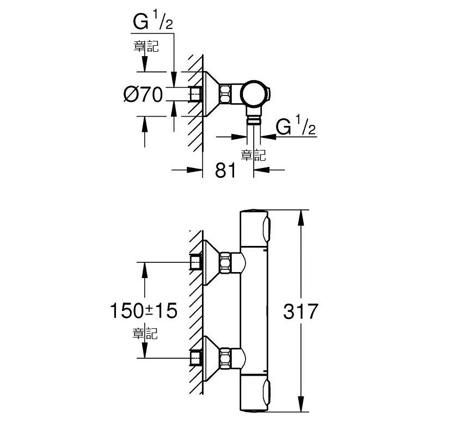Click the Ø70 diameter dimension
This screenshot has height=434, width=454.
point(143,94)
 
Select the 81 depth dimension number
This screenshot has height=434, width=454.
point(225,170)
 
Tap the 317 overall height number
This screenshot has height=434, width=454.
point(300,312)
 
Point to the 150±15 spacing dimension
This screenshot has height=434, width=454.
point(144,310)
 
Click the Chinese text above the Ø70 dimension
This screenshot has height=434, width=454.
point(146,46)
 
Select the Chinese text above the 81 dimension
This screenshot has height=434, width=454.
point(253,155)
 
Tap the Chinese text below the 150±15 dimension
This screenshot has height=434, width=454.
point(145,333)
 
